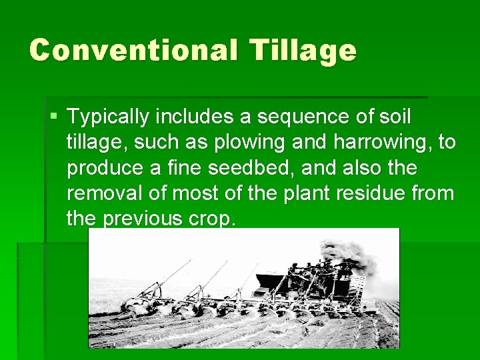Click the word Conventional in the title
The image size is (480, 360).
pos(131,51)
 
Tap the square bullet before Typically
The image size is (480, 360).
pos(54,117)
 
